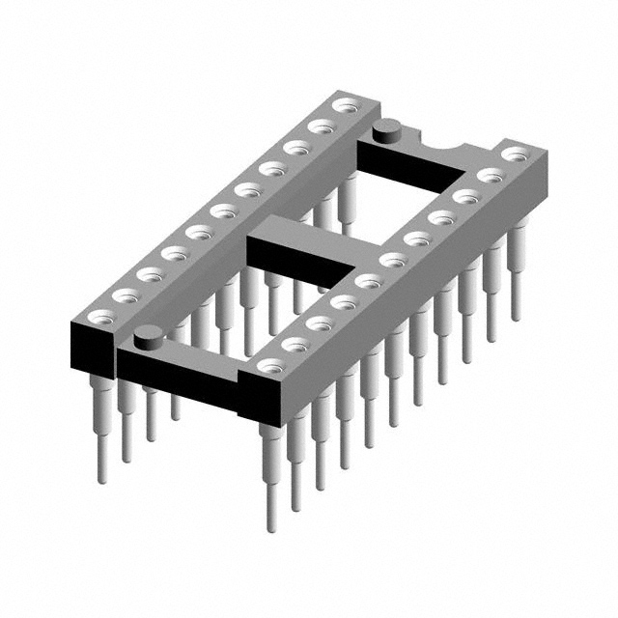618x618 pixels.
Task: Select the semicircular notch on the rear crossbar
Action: (446, 146)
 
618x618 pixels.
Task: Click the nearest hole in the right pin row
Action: (272, 366)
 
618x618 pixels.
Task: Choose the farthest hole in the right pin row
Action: (517, 154)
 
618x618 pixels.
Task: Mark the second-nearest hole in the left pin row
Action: (123, 294)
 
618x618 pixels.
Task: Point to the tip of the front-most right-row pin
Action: (271, 526)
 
